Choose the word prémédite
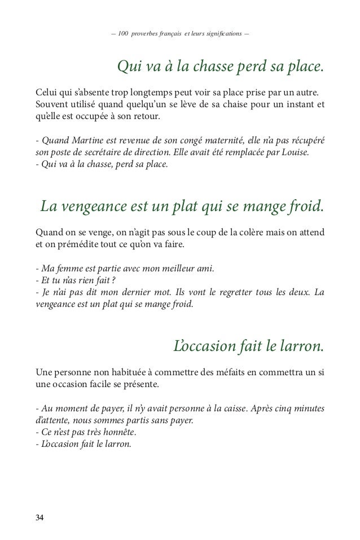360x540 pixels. point(74,245)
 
